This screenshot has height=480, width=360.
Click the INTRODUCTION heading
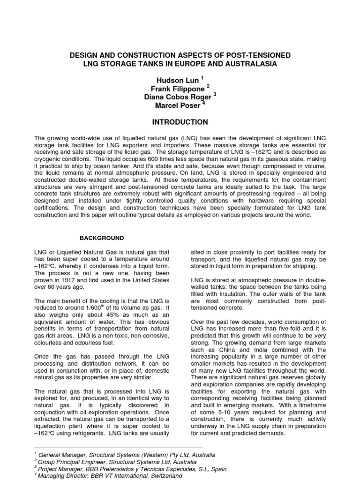(x=180, y=122)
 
